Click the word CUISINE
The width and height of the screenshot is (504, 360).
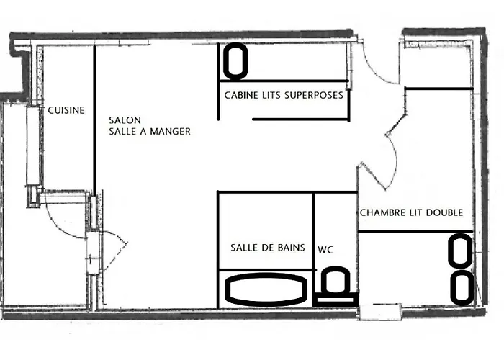[x=66, y=111]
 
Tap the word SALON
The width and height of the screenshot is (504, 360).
[x=125, y=120]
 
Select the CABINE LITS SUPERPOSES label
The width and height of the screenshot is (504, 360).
[x=279, y=94]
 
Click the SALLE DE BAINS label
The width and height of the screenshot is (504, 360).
[x=267, y=248]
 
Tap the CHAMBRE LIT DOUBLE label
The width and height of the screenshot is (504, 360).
[x=410, y=212]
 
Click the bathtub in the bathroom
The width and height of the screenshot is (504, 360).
[x=266, y=289]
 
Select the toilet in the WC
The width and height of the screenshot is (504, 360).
[x=336, y=282]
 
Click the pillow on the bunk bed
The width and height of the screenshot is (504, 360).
[x=235, y=62]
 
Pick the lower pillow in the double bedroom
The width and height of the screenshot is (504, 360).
[x=461, y=286]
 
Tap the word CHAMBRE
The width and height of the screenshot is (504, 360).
[x=382, y=212]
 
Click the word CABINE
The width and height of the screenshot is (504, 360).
[x=240, y=94]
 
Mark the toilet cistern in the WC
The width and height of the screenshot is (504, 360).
[x=336, y=297]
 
